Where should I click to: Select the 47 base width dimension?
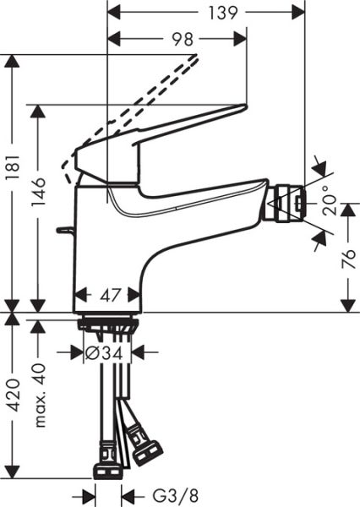tap(107, 297)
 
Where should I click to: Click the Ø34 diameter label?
tap(107, 352)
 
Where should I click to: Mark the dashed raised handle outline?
tap(135, 101)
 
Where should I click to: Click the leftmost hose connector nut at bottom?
tap(109, 468)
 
